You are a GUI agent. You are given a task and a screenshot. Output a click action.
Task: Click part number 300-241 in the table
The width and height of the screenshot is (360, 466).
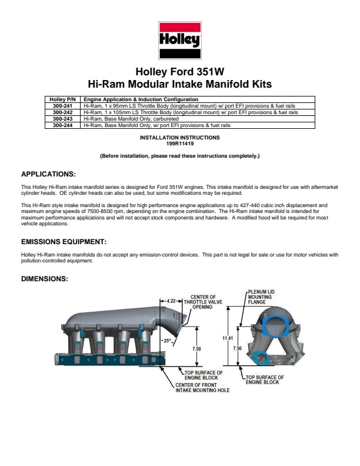62,105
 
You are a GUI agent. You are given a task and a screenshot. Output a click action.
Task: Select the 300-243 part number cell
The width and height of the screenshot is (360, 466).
62,118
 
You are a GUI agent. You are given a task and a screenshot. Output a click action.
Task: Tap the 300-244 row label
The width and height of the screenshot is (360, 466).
62,125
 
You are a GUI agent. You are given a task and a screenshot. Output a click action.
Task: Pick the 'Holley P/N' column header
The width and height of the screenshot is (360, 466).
62,99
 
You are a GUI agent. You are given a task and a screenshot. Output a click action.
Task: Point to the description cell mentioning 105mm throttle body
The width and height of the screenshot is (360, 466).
191,112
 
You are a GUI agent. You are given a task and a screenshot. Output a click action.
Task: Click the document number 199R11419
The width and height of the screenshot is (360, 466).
180,143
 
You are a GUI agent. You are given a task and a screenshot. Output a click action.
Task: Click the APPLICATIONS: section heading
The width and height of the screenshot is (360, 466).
49,174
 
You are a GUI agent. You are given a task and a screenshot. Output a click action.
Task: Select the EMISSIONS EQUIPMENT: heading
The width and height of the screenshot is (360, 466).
64,242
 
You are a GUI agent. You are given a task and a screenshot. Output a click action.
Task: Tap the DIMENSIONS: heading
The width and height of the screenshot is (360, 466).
45,278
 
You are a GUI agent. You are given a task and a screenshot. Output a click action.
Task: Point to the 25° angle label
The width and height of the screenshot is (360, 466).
167,341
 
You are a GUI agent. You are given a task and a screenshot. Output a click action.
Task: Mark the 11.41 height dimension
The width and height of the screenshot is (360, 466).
228,338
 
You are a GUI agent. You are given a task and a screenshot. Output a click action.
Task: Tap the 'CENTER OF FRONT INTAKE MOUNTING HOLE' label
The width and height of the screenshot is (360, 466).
202,388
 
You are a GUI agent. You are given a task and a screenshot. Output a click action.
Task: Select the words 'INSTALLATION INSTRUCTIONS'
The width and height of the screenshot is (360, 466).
180,137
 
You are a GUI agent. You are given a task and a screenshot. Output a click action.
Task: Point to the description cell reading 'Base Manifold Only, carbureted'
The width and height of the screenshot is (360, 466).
131,118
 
